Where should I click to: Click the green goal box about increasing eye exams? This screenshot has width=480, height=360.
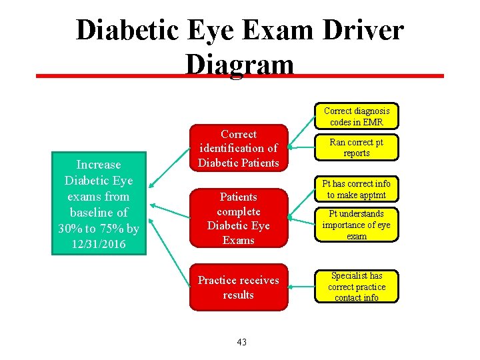coord(99,205)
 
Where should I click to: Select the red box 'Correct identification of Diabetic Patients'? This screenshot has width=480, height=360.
coord(238,148)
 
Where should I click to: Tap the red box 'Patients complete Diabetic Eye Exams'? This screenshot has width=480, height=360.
coord(238,218)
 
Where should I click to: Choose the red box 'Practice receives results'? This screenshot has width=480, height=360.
coord(238,287)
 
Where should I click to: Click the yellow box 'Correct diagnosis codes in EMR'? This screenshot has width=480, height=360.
coord(357,116)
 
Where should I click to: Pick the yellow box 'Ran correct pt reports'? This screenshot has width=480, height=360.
coord(357,147)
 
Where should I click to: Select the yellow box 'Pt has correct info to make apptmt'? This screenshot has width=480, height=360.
coord(357,189)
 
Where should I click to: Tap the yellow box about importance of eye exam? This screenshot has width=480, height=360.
coord(357,225)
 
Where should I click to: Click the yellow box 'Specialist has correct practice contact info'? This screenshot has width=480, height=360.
coord(357,286)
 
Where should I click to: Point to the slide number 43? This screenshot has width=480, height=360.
coord(241,342)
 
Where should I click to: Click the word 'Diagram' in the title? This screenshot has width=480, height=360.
coord(240,65)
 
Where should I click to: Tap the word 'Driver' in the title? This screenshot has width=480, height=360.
coord(360,30)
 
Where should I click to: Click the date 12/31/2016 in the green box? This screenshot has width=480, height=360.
coord(99,244)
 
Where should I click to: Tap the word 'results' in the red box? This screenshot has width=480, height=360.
coord(238,295)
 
